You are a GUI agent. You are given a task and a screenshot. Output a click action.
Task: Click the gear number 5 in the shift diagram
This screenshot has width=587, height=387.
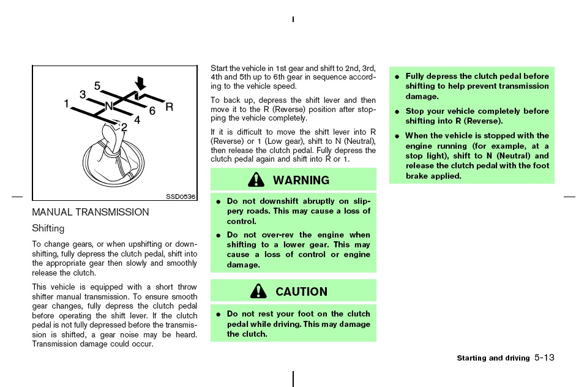pos(97,86)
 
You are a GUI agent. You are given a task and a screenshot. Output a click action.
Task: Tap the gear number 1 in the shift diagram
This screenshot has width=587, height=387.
pos(67,103)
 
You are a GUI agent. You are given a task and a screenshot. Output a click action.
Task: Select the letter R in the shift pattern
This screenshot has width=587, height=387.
pos(169,107)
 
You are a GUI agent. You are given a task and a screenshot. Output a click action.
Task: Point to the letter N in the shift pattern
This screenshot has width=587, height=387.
pos(109,107)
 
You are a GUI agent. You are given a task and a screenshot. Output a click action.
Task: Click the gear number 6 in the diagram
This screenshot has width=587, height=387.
pos(152,111)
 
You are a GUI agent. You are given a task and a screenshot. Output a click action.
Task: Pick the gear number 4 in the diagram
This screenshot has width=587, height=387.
pos(137,120)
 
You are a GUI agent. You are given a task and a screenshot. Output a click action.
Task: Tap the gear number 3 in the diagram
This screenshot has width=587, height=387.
pos(83,94)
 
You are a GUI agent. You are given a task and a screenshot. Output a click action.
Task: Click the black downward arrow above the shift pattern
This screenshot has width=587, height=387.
pos(140,83)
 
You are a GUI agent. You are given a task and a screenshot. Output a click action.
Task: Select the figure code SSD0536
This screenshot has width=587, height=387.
pos(181,197)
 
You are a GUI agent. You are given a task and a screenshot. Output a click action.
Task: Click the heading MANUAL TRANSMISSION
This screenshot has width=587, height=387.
pos(91,212)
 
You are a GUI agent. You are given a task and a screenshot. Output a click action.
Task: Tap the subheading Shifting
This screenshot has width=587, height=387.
pos(48,228)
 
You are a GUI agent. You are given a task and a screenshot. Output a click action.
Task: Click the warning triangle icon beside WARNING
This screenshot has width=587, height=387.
pos(256,180)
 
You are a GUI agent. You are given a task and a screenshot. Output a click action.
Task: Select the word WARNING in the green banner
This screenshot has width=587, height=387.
pos(301,180)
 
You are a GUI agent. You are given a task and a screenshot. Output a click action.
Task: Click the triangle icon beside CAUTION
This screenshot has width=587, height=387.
pos(259,291)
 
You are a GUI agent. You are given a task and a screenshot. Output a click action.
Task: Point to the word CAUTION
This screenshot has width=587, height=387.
pos(301,291)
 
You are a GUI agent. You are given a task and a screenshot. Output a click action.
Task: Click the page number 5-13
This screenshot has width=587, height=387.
pos(544,358)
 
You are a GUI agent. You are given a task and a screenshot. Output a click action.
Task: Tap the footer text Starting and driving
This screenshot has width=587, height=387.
pos(493,358)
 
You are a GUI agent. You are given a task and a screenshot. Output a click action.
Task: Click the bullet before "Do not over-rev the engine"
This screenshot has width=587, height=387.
pos(219,236)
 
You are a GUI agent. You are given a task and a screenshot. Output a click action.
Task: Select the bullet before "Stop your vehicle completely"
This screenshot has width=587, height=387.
pos(397,111)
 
